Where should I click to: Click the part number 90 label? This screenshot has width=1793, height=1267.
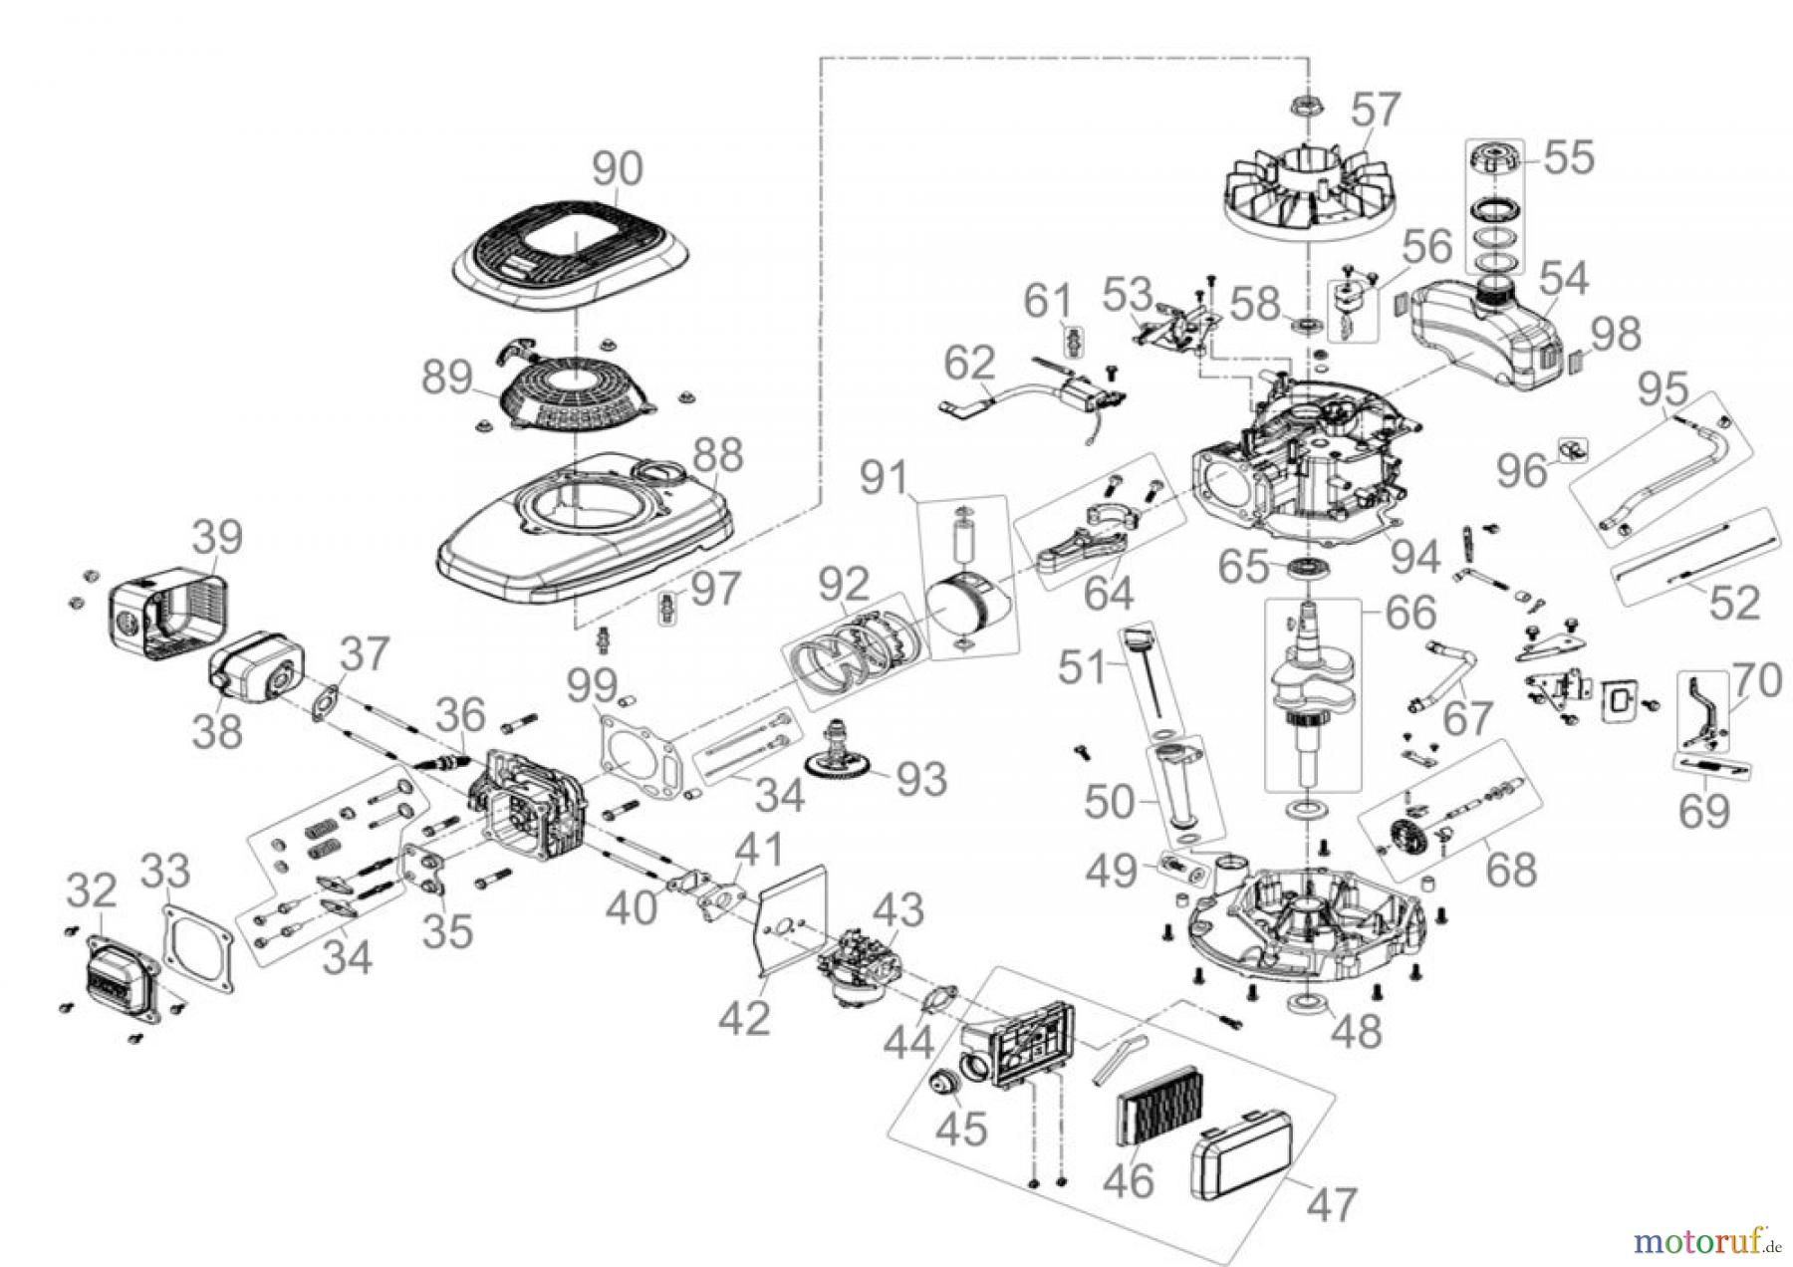[x=618, y=169]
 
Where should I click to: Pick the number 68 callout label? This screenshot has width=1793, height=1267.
[x=1511, y=870]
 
